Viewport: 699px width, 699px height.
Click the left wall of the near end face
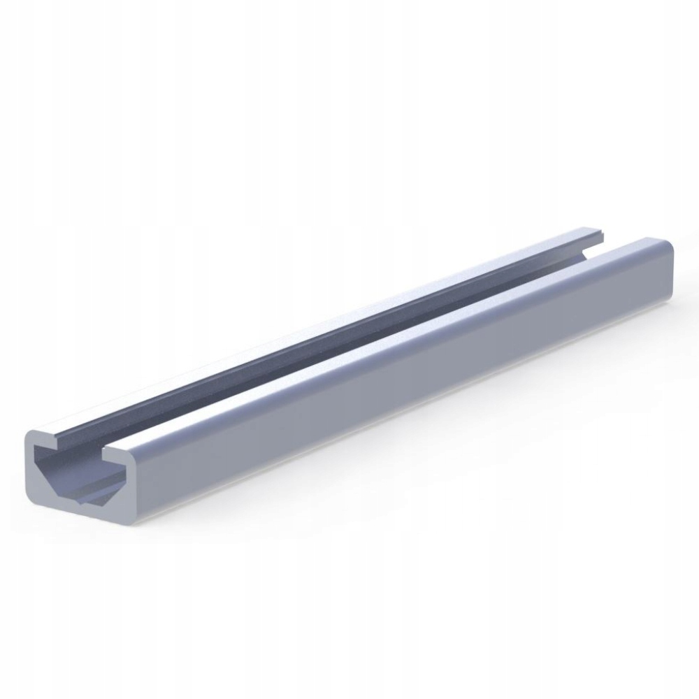pyautogui.click(x=31, y=465)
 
